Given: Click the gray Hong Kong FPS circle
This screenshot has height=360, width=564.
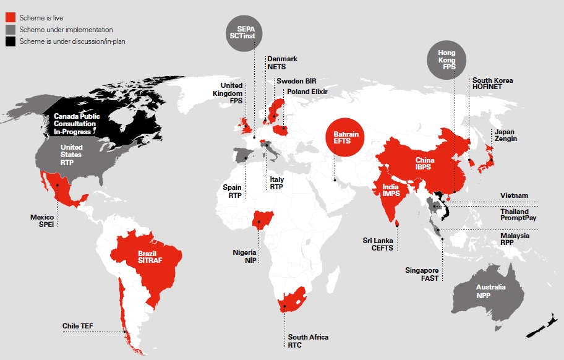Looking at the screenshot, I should coord(446,60).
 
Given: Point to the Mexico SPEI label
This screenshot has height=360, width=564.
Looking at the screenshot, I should coord(43,221).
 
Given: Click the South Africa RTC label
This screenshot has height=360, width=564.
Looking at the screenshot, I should coord(308,341).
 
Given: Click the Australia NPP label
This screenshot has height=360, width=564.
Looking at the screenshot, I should coord(490,292).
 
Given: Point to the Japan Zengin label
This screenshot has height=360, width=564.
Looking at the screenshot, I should coord(505,135).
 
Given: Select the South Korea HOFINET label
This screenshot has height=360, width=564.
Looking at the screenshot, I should coord(492,85).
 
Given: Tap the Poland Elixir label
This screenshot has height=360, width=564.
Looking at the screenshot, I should coord(306,92).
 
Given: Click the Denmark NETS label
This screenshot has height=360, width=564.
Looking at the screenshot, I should coord(282,62).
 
